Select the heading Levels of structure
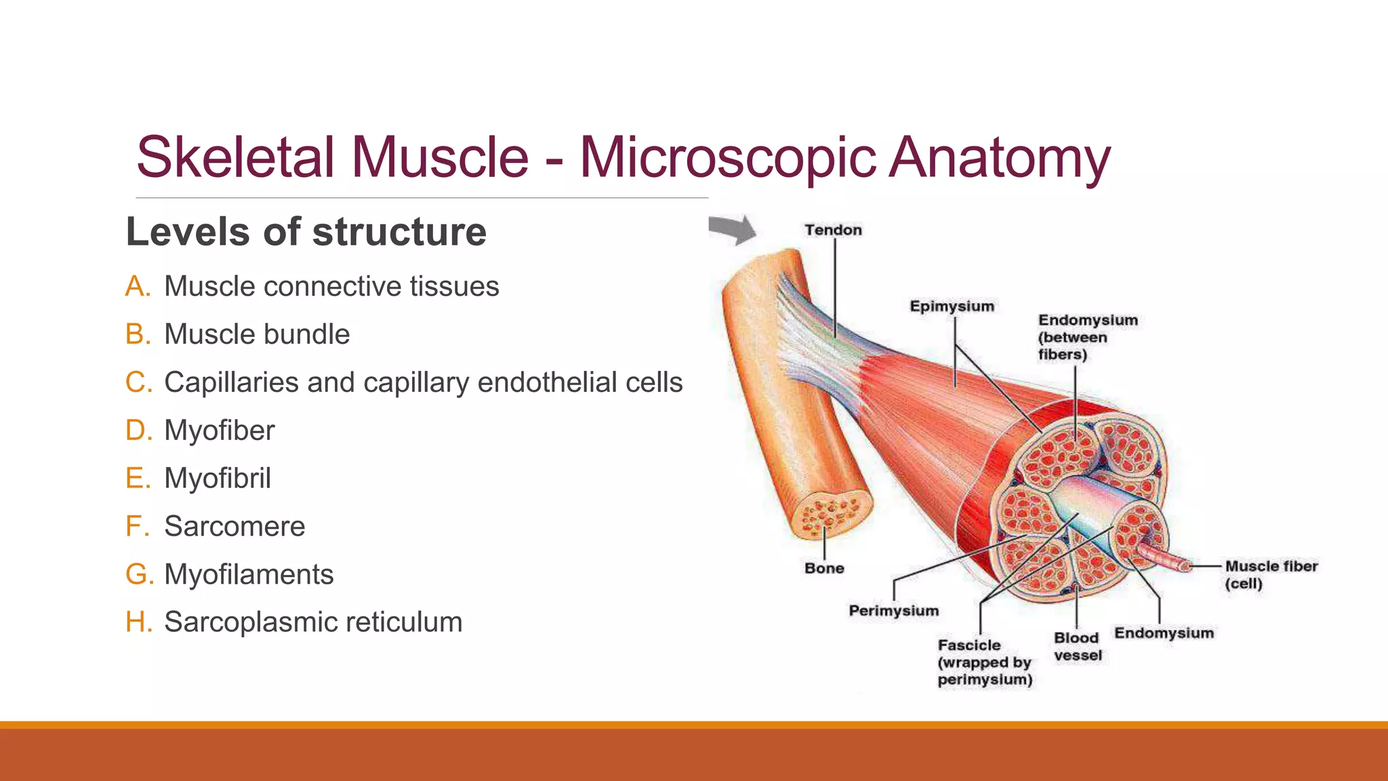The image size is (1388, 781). [x=306, y=232]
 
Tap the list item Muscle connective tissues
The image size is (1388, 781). [x=331, y=286]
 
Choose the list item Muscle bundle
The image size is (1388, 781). [x=257, y=334]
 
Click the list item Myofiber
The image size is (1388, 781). [x=219, y=430]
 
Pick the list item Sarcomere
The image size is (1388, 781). [x=234, y=526]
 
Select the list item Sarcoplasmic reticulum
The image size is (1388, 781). [x=313, y=622]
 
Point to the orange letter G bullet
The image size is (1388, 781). [x=137, y=574]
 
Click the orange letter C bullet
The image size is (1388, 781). [x=138, y=382]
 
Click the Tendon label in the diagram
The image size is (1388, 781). [x=833, y=230]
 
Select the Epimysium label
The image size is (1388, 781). [x=952, y=306]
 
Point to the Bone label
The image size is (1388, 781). [x=824, y=568]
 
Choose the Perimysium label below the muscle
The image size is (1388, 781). [x=893, y=611]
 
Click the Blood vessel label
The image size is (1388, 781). [x=1077, y=646]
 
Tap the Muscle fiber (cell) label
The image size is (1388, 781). [x=1271, y=574]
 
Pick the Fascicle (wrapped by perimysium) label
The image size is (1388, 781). [x=984, y=662]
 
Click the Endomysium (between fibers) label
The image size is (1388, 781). [x=1087, y=337]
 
